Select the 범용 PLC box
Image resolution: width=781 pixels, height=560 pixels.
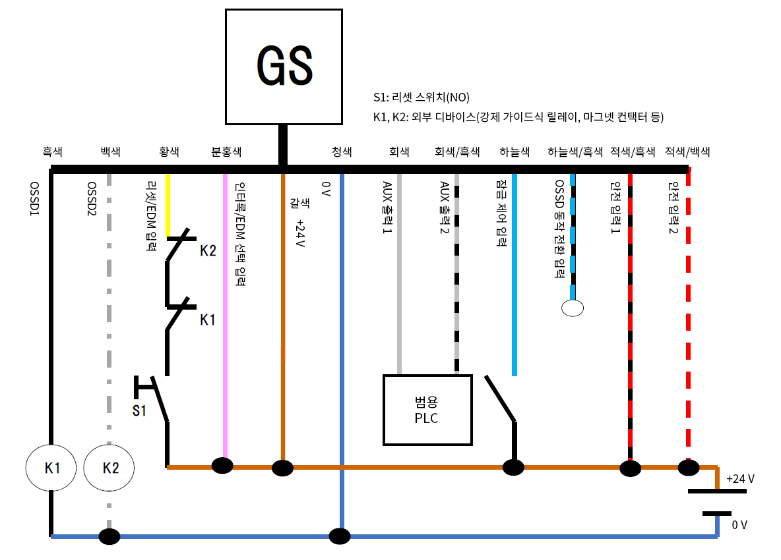[427, 410]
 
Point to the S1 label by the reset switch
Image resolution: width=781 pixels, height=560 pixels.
[139, 411]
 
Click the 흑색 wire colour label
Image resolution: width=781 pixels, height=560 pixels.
[52, 152]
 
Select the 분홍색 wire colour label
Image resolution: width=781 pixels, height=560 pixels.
[226, 152]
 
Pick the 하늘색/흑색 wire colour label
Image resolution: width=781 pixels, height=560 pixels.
[575, 152]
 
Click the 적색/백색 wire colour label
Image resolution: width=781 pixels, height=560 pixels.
[688, 152]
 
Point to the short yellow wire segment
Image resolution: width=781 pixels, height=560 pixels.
[168, 204]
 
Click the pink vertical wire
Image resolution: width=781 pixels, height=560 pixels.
[226, 316]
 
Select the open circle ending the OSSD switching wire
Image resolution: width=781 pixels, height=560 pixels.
[572, 307]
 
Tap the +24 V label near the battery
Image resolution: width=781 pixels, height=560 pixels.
[739, 479]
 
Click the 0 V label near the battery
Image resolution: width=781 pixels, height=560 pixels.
[739, 525]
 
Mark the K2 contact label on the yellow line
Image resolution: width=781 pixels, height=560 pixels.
[208, 251]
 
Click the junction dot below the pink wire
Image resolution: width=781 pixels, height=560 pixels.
[222, 465]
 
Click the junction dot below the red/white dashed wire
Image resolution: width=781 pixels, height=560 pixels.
[688, 468]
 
